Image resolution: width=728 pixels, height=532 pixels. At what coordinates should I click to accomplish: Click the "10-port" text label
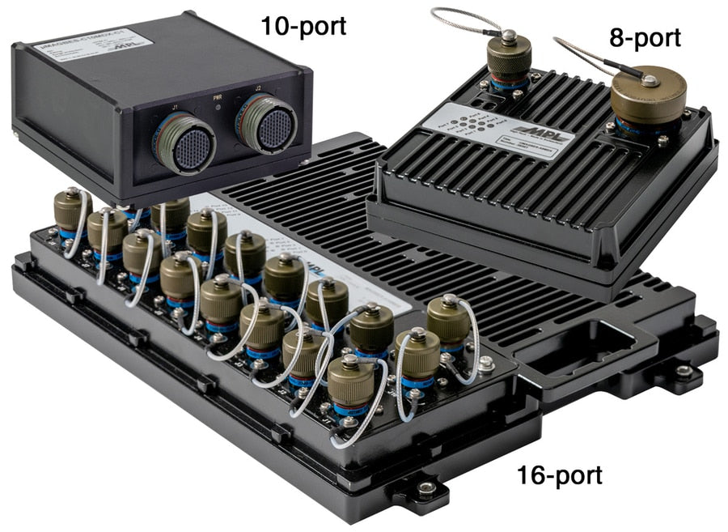click(x=303, y=26)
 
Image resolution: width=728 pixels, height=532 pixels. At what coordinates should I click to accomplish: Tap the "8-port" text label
click(x=645, y=36)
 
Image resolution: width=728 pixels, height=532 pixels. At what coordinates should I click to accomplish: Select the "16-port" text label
click(x=560, y=475)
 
